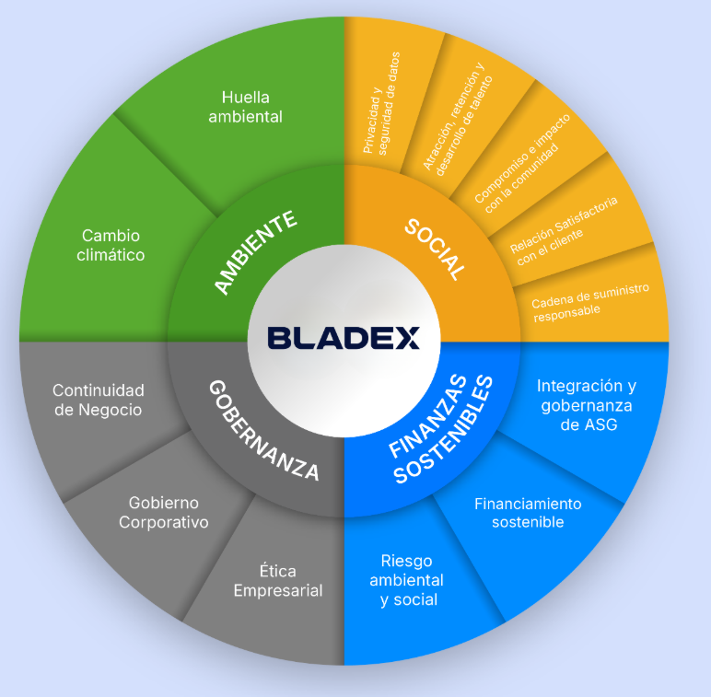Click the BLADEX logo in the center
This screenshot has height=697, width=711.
344,338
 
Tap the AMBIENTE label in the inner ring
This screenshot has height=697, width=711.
255,252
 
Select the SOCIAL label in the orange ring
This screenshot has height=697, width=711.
435,250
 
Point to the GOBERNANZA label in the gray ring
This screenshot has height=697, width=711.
264,430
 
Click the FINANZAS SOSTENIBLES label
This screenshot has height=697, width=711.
441,429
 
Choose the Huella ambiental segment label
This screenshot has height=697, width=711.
245,107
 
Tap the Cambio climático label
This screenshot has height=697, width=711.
111,245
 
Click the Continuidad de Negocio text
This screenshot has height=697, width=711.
99,400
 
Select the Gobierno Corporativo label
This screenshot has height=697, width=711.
164,512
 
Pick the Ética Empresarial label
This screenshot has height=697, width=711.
278,581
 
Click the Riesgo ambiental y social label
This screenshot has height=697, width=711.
406,580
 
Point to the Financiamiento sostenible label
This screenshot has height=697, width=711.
528,513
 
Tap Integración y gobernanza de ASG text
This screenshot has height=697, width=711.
587,405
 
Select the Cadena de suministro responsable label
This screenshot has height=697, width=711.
590,302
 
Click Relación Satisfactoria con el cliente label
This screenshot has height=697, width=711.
564,231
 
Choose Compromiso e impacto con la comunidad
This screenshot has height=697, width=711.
522,164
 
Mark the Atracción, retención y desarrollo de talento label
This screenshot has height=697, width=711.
457,120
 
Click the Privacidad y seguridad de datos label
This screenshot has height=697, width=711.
381,103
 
